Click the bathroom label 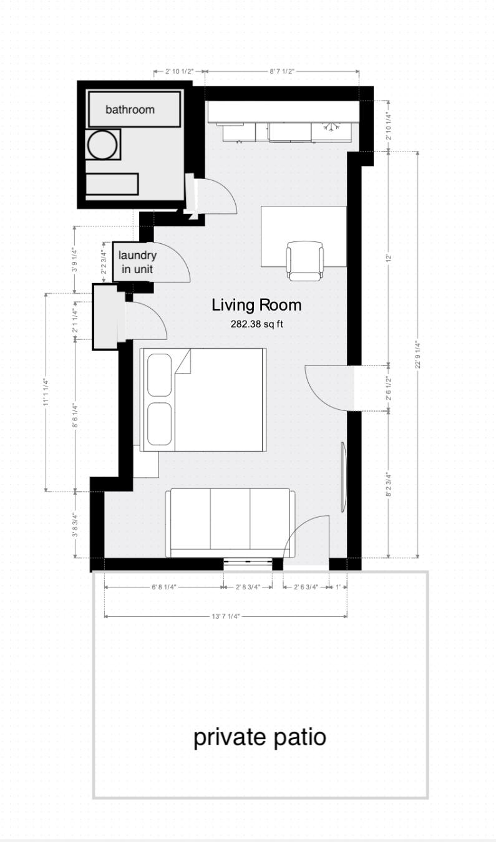(x=130, y=110)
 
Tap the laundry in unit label (x=137, y=263)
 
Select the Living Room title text (x=256, y=306)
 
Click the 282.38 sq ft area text (x=256, y=324)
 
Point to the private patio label (x=260, y=737)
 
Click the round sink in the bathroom (x=102, y=145)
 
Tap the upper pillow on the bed (x=160, y=375)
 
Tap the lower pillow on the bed (x=160, y=423)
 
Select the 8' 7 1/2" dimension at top (x=282, y=72)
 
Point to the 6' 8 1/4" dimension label (x=164, y=587)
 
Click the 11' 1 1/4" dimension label (x=46, y=391)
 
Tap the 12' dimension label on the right (x=389, y=258)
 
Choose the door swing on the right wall (x=328, y=388)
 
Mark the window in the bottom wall (x=248, y=563)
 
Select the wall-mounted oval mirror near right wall (x=343, y=477)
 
